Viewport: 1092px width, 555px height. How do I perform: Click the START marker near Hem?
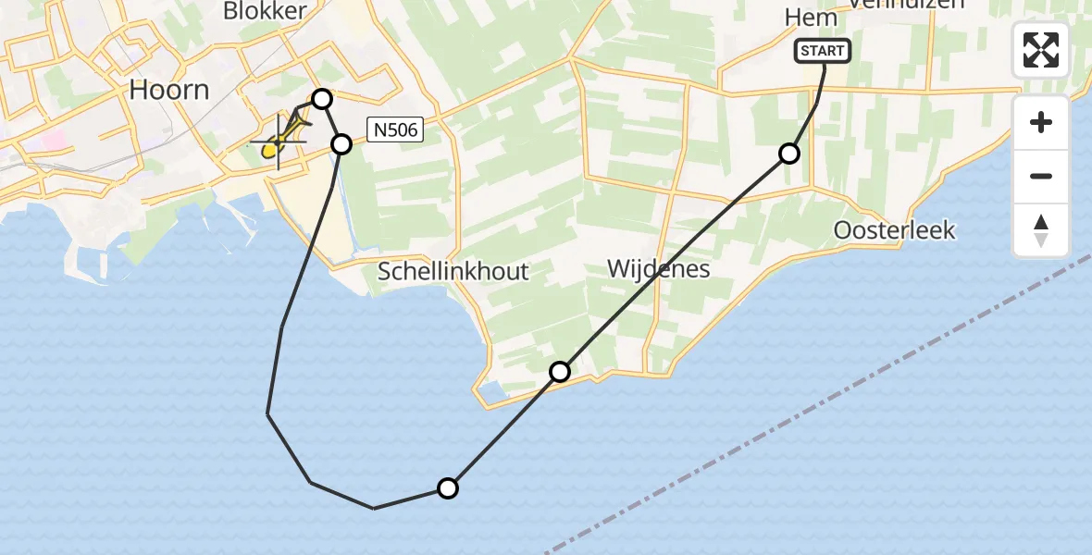coord(822,51)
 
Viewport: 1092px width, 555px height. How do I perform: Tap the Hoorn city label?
coord(169,90)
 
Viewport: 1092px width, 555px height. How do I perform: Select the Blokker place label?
coord(265,10)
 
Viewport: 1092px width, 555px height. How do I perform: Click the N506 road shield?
coord(395,130)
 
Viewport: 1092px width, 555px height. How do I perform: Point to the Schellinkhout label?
coord(453,271)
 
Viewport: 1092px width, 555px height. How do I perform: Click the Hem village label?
coord(810,18)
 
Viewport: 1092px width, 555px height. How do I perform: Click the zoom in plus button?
coord(1041,122)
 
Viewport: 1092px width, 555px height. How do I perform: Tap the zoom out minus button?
coord(1041,176)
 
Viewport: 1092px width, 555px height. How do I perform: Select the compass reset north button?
coord(1041,230)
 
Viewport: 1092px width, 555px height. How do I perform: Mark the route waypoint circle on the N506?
coord(341,144)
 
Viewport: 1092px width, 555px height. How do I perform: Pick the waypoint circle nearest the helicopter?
coord(321,99)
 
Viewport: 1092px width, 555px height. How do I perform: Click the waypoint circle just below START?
coord(789,154)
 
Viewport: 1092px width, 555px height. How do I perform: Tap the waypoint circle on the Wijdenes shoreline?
coord(560,372)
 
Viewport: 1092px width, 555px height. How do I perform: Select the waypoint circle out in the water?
coord(447,488)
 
